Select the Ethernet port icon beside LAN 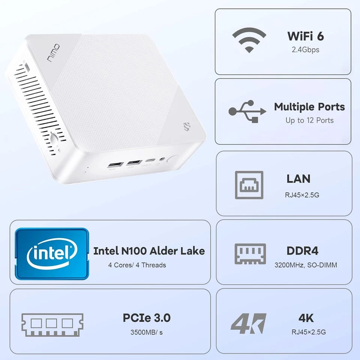pyautogui.click(x=249, y=185)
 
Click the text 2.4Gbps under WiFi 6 pyautogui.click(x=306, y=49)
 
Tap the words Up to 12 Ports pyautogui.click(x=309, y=120)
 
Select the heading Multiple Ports pyautogui.click(x=309, y=107)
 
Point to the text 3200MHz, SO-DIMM pyautogui.click(x=306, y=265)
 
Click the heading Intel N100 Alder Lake pyautogui.click(x=149, y=250)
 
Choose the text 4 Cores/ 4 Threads pyautogui.click(x=137, y=265)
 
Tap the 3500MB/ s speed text pyautogui.click(x=147, y=332)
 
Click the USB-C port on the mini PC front pyautogui.click(x=149, y=161)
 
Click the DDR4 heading pyautogui.click(x=302, y=250)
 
